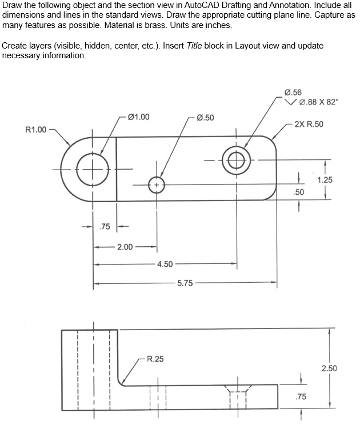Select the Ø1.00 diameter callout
(x=139, y=117)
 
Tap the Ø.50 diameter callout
(x=205, y=118)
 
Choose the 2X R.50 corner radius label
(x=309, y=124)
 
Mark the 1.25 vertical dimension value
(x=325, y=180)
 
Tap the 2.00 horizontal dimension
(x=125, y=247)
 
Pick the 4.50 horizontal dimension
(x=165, y=264)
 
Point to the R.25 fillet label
(x=155, y=359)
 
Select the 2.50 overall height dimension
(x=329, y=368)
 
